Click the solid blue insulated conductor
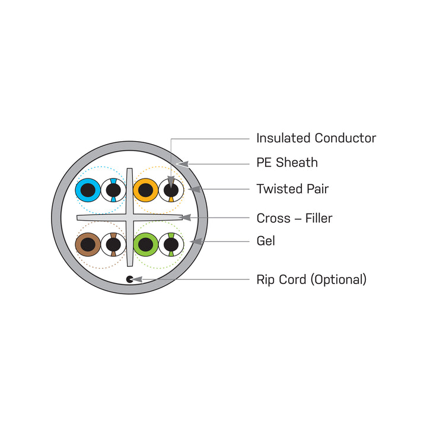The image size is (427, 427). point(88,190)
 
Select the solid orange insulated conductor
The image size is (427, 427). point(146,190)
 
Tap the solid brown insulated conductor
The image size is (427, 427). point(88,244)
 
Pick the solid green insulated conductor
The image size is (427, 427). point(146,244)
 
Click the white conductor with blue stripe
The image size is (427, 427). point(113,190)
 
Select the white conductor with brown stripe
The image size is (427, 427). point(113,244)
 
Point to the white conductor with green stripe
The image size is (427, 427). point(171,244)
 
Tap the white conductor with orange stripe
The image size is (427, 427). point(171,190)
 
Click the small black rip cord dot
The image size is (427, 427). point(130,279)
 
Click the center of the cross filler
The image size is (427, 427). point(130,217)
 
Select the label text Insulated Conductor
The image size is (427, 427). point(316,138)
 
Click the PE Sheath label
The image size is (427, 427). point(287,162)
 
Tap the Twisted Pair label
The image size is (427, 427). point(292,189)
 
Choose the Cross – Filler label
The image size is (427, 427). point(294,218)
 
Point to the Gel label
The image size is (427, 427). point(266,241)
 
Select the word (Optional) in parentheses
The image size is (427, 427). point(339,280)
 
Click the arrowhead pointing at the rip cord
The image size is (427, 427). point(137,279)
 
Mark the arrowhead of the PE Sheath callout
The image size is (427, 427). point(183,164)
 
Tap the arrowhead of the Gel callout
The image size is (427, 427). point(196,241)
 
